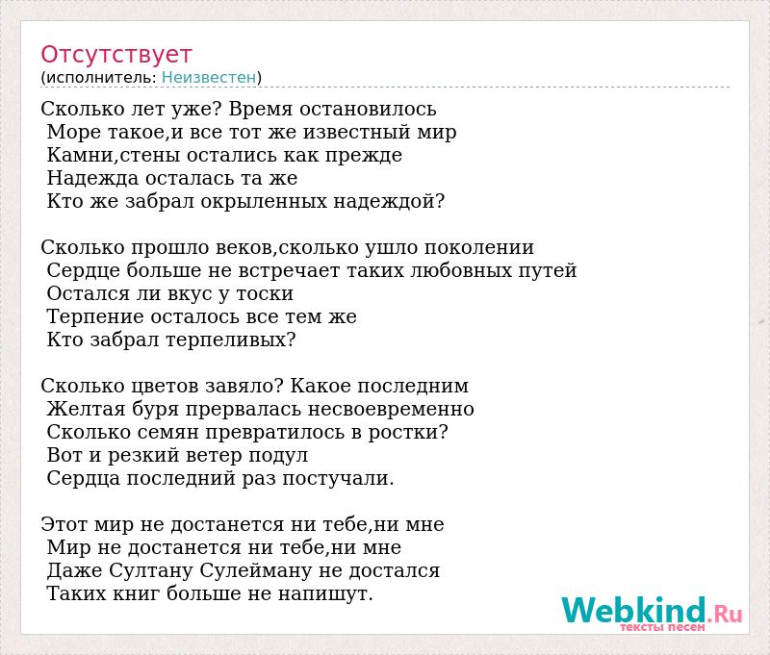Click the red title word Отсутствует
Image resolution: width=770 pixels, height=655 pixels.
coord(115,55)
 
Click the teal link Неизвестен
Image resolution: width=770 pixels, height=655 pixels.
coord(209,78)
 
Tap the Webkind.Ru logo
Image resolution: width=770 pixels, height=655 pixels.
coord(652,613)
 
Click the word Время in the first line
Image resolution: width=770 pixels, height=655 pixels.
coord(261,109)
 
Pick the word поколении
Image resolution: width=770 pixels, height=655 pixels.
coord(478,248)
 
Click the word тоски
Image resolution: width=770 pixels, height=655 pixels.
coord(266,294)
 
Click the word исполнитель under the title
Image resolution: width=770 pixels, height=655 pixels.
coord(100,78)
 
